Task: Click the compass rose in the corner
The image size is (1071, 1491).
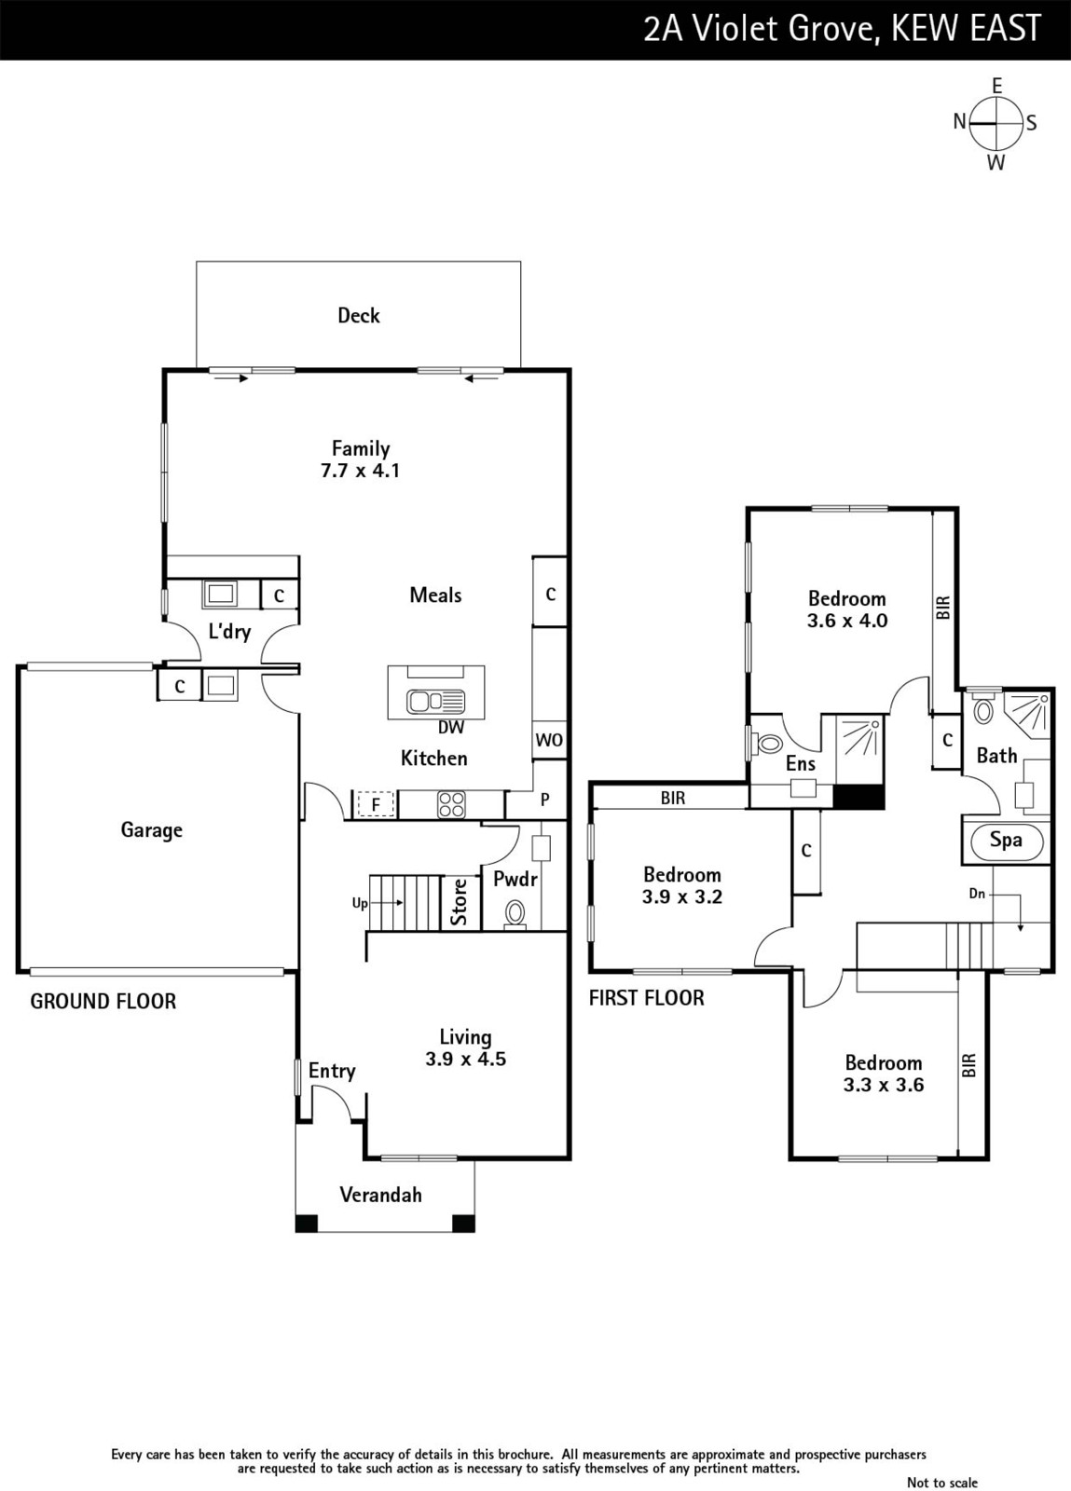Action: tap(995, 124)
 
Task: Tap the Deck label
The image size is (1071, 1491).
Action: tap(359, 316)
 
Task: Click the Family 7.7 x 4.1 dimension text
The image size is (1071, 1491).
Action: tap(360, 471)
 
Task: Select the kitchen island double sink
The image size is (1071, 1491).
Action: tap(436, 700)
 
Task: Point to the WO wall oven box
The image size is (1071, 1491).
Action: tap(549, 740)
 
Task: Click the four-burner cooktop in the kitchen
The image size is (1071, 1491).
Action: tap(451, 804)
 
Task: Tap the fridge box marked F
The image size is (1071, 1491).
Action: tap(376, 805)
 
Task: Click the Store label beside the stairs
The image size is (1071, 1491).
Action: tap(460, 902)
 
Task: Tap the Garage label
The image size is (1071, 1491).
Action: tap(151, 830)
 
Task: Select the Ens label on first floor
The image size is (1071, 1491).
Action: tap(800, 763)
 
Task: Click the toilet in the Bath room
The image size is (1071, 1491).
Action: tap(982, 709)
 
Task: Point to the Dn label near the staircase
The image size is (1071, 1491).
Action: tap(977, 894)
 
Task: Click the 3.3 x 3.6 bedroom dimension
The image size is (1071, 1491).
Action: tap(884, 1085)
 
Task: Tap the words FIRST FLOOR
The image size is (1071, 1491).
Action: tap(646, 998)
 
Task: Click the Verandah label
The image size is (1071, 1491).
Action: tap(380, 1195)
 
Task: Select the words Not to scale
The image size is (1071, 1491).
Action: tap(941, 1482)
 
